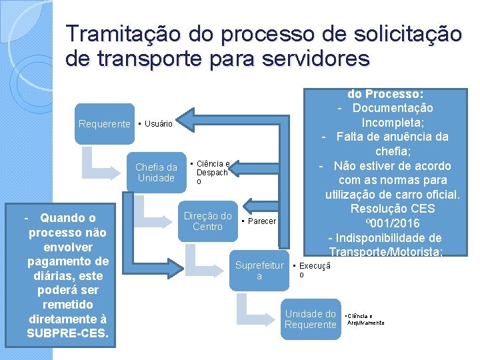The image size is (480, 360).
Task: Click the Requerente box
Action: click(105, 123)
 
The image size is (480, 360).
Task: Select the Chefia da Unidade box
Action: click(156, 172)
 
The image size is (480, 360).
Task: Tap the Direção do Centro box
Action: click(207, 221)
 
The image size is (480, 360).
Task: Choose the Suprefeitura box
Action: click(259, 270)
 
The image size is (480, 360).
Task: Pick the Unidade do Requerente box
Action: click(310, 319)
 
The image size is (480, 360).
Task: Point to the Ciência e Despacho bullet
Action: click(212, 172)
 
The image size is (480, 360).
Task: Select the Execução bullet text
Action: click(309, 269)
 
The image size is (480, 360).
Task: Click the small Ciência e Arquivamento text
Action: click(365, 319)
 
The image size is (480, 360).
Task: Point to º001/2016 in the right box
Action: click(393, 223)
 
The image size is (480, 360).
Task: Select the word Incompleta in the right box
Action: click(392, 122)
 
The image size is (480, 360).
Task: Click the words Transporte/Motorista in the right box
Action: click(392, 251)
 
